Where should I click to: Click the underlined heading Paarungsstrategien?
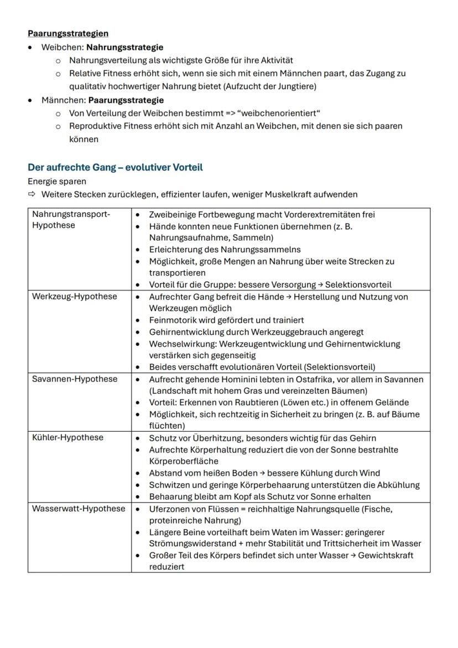pyautogui.click(x=68, y=34)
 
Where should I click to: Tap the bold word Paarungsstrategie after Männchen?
pyautogui.click(x=126, y=100)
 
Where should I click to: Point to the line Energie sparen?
pyautogui.click(x=57, y=181)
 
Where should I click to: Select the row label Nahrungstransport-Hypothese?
pyautogui.click(x=71, y=220)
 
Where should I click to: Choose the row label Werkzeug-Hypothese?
pyautogui.click(x=75, y=296)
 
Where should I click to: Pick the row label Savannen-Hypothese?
pyautogui.click(x=75, y=379)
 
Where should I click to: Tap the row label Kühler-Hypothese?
pyautogui.click(x=67, y=438)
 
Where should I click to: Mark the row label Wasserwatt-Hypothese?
pyautogui.click(x=79, y=509)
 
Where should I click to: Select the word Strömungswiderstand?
pyautogui.click(x=192, y=543)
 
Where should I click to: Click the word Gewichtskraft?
pyautogui.click(x=386, y=555)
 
